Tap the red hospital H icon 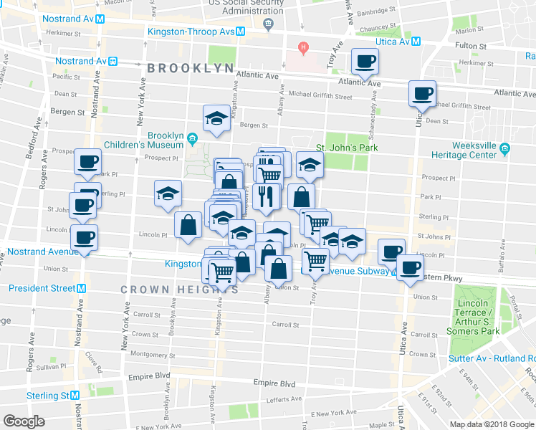(304, 48)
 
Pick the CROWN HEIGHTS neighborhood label (179, 290)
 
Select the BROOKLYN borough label (191, 68)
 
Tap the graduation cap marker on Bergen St (216, 118)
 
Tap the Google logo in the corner (24, 421)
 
